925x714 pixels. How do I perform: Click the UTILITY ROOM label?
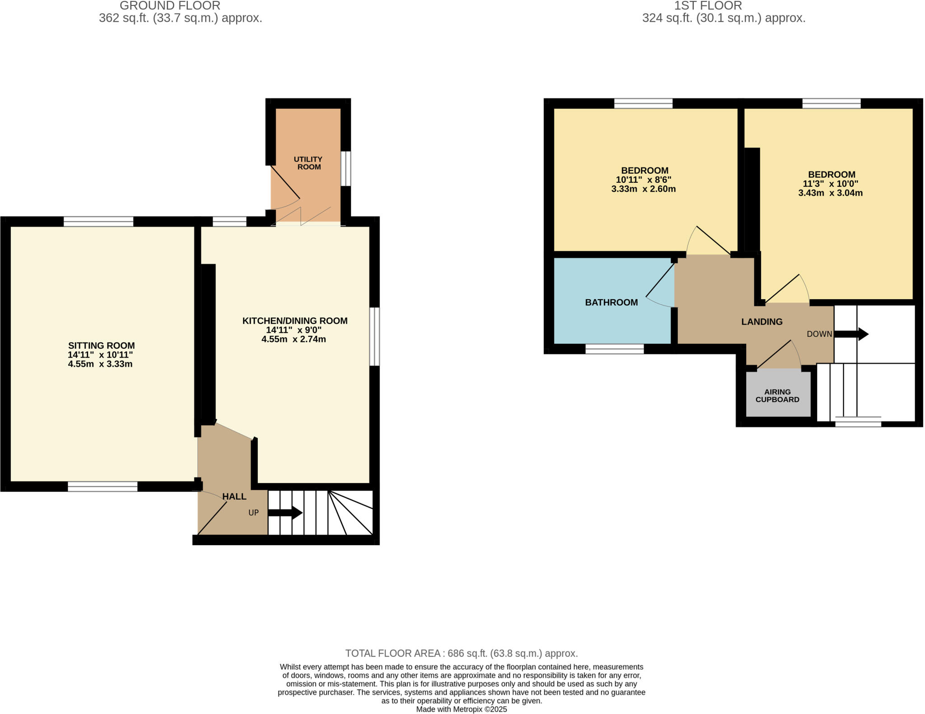click(308, 163)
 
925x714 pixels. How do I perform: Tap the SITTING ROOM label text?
click(101, 346)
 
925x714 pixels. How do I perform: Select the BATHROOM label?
click(611, 302)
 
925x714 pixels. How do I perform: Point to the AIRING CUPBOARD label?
click(777, 396)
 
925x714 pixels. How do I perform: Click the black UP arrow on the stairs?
click(285, 513)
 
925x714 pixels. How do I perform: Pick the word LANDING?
click(761, 322)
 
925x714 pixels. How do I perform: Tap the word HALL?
click(234, 496)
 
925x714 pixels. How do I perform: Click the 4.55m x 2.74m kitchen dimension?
click(294, 339)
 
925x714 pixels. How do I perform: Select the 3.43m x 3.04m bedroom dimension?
click(830, 193)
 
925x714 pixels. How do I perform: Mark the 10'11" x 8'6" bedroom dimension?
click(643, 180)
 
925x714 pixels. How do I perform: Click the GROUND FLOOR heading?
click(170, 6)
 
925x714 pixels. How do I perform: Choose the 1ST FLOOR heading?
click(708, 6)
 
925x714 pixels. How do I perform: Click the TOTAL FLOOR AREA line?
click(461, 653)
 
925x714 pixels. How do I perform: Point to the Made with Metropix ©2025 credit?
click(461, 709)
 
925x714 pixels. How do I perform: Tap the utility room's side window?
click(346, 168)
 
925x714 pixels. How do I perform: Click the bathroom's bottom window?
click(614, 349)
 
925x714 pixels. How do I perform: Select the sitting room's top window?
click(98, 221)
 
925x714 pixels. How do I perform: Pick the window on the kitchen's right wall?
click(374, 336)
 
